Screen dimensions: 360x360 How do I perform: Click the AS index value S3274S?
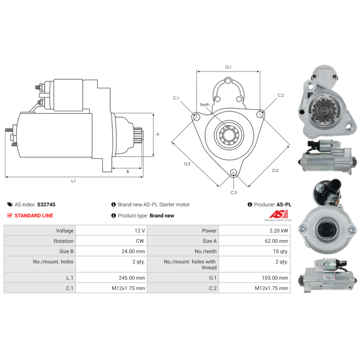[x=46, y=205]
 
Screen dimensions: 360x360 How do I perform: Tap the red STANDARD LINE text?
[x=34, y=216]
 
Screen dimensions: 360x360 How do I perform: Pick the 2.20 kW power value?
[x=279, y=231]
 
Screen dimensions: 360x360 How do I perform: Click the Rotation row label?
[x=63, y=241]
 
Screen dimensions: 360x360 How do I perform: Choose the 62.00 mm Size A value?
[x=276, y=241]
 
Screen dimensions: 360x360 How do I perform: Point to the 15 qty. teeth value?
[x=280, y=252]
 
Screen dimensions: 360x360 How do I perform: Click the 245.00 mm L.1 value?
[x=132, y=278]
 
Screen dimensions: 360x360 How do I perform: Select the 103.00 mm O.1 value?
[x=275, y=278]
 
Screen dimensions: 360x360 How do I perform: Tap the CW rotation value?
[x=140, y=241]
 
